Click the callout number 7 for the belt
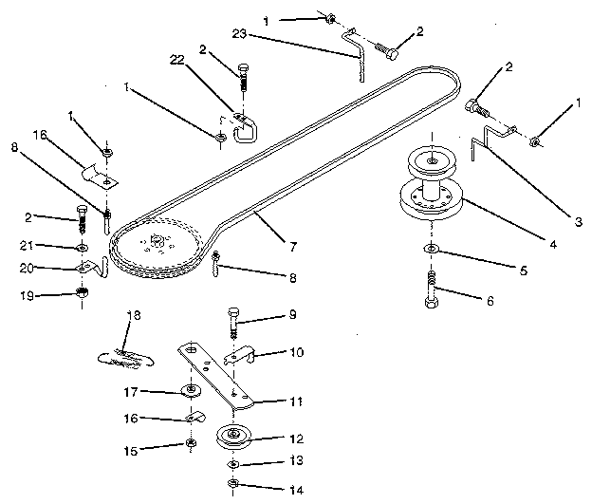(294, 247)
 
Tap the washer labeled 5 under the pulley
(431, 249)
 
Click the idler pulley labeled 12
(233, 439)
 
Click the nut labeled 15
(191, 443)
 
